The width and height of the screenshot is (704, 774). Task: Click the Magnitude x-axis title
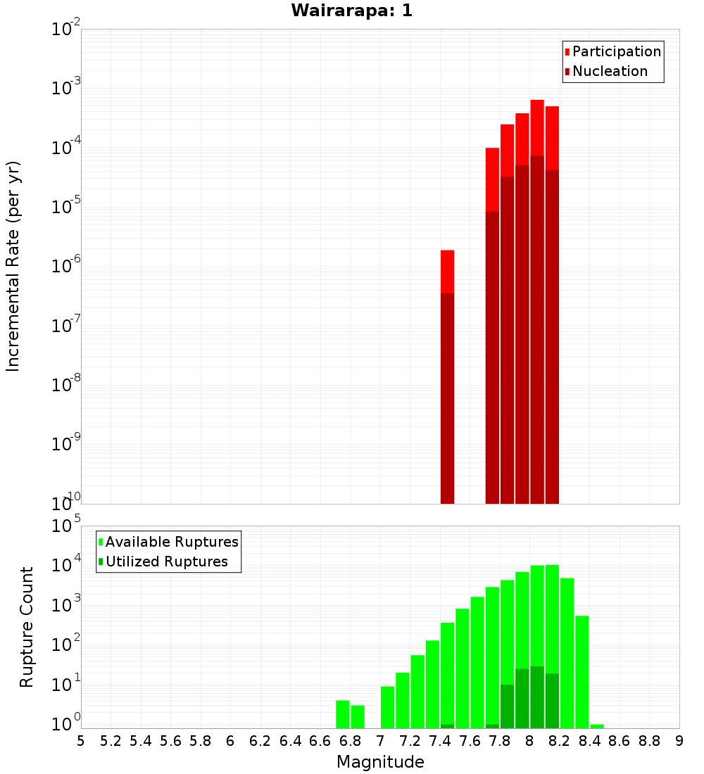(x=380, y=762)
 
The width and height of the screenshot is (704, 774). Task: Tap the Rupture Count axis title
(x=27, y=627)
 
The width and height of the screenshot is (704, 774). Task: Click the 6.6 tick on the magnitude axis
(x=320, y=741)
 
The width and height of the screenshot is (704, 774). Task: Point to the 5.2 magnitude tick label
(x=111, y=741)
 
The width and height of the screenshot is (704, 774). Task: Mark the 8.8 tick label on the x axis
(x=649, y=741)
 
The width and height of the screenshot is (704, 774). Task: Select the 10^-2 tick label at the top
(x=65, y=29)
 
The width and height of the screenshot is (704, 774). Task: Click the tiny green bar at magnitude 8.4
(x=597, y=726)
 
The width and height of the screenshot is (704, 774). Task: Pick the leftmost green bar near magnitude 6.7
(x=343, y=714)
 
